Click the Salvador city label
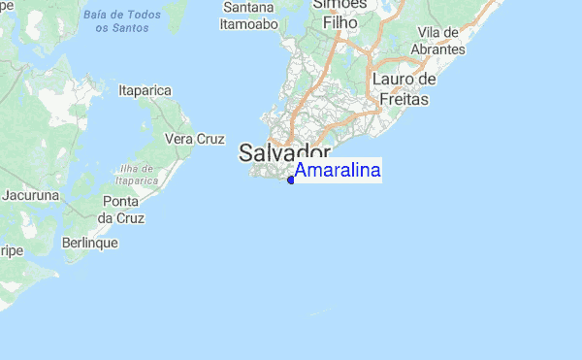click(284, 153)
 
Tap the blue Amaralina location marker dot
click(291, 180)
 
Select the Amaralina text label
click(338, 171)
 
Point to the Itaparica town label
click(145, 90)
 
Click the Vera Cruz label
click(195, 139)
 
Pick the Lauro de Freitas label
click(404, 88)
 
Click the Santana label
click(249, 8)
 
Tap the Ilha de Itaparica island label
click(136, 173)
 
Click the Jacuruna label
click(31, 195)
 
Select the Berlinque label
click(89, 242)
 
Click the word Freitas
click(404, 98)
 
